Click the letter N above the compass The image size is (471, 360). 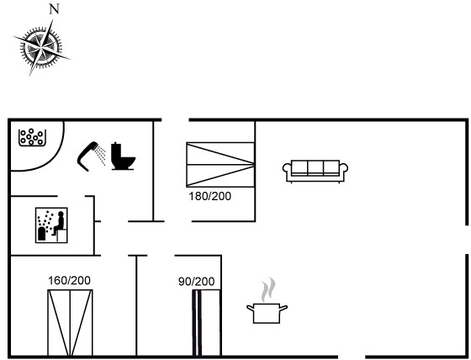pyautogui.click(x=54, y=9)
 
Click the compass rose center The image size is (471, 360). pyautogui.click(x=41, y=47)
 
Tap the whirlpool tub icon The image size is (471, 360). pyautogui.click(x=32, y=138)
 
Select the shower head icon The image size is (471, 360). pyautogui.click(x=92, y=156)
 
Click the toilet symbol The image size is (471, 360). pyautogui.click(x=123, y=156)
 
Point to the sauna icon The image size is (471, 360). pyautogui.click(x=51, y=225)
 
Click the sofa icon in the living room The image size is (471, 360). pyautogui.click(x=315, y=171)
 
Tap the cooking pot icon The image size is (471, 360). pyautogui.click(x=267, y=313)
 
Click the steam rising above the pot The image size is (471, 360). pyautogui.click(x=268, y=289)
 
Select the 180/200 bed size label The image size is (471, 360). pyautogui.click(x=210, y=196)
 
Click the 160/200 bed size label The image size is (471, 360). pyautogui.click(x=69, y=280)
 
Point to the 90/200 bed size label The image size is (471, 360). pyautogui.click(x=197, y=282)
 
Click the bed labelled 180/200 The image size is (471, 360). pyautogui.click(x=220, y=165)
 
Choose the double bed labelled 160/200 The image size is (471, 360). pyautogui.click(x=70, y=323)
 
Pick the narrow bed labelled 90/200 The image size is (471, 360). pyautogui.click(x=207, y=323)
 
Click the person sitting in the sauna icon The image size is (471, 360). pyautogui.click(x=59, y=223)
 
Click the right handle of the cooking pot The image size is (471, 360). pyautogui.click(x=283, y=308)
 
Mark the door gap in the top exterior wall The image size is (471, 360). pyautogui.click(x=175, y=120)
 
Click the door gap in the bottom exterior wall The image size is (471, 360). pyautogui.click(x=352, y=357)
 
